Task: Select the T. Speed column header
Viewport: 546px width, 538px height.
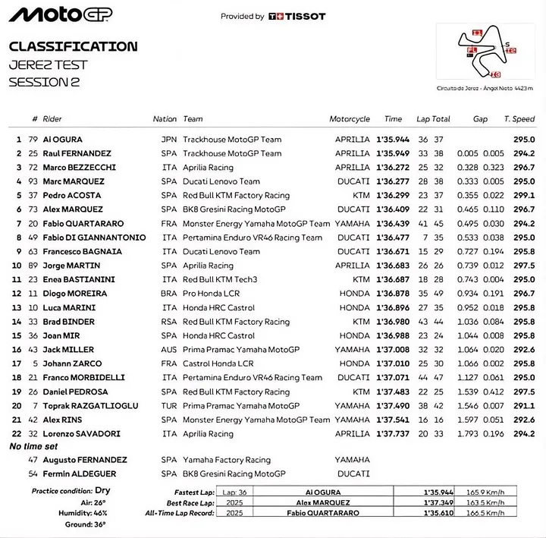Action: coord(519,119)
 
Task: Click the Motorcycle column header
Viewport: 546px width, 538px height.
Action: coord(350,119)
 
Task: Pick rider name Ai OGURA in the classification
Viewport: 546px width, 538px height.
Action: coord(63,140)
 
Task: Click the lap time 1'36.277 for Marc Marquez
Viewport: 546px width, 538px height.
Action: coord(393,181)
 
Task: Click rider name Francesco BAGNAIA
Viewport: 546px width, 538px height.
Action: coord(82,251)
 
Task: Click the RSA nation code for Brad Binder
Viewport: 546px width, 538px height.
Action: coord(168,322)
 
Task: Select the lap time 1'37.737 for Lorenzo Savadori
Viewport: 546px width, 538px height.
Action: coord(393,434)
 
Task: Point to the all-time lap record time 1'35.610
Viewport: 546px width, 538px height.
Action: coord(441,514)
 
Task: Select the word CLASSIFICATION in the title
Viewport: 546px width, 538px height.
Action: coord(73,46)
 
